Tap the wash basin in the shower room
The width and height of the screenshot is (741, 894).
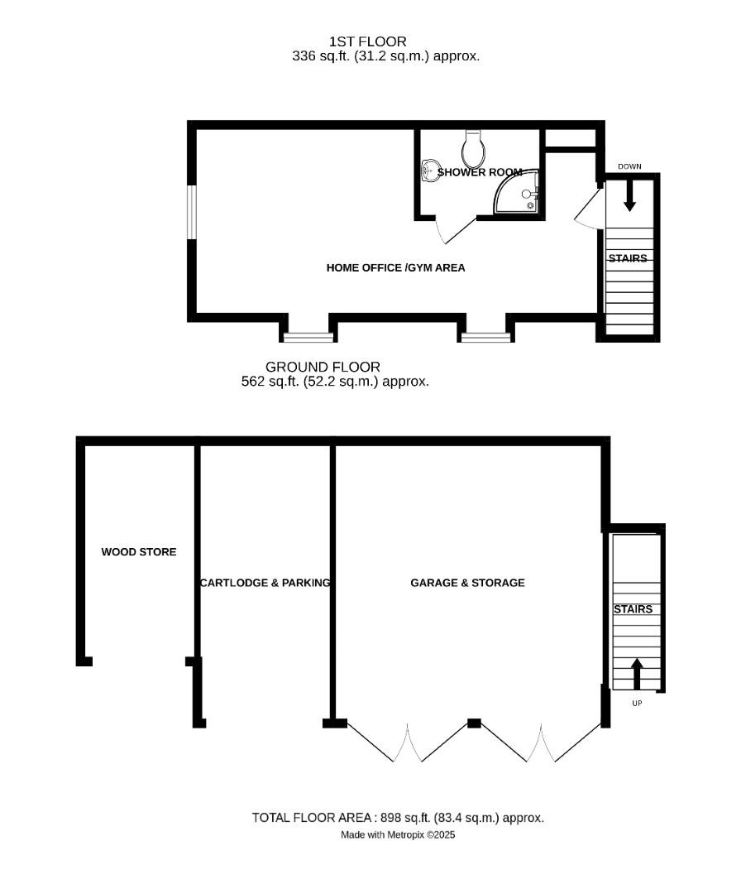[x=430, y=171]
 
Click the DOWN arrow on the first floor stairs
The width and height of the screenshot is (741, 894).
[x=629, y=196]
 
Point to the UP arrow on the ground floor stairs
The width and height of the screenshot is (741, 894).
[x=637, y=673]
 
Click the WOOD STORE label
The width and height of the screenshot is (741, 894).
[x=139, y=552]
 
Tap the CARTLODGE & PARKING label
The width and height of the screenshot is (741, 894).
[x=265, y=583]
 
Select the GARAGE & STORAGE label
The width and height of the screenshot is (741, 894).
[x=467, y=583]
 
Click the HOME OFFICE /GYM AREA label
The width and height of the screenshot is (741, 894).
[x=395, y=267]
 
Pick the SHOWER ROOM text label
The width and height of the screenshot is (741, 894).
[x=480, y=172]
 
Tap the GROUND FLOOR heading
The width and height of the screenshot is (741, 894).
[x=323, y=367]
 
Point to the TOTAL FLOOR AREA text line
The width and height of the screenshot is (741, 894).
[x=398, y=818]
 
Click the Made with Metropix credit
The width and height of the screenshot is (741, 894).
[x=398, y=835]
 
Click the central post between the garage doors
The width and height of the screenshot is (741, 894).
[x=474, y=723]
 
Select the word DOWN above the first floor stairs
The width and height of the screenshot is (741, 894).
[x=629, y=166]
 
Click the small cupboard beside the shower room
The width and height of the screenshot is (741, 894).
[x=571, y=137]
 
